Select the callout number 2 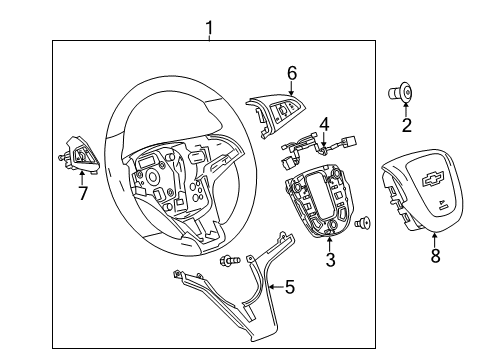click(x=406, y=125)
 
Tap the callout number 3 click(x=331, y=262)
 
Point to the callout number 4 click(x=324, y=125)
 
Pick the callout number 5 click(x=289, y=288)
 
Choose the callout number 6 click(x=291, y=72)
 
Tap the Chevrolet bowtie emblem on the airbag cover click(x=432, y=179)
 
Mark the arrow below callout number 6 click(x=291, y=88)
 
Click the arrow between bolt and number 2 click(x=405, y=108)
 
